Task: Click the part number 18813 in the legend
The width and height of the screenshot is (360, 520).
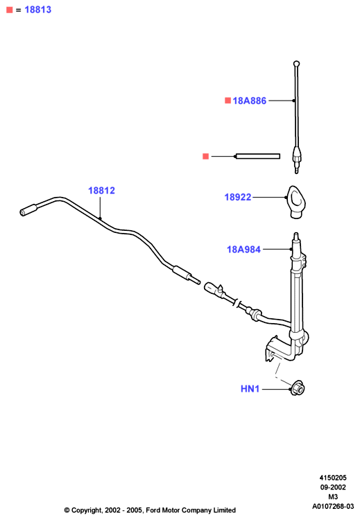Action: (x=38, y=10)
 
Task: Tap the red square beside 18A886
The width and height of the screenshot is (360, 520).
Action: (x=228, y=100)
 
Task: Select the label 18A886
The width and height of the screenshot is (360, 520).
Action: (x=250, y=101)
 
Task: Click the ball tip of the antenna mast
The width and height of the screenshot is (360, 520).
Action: (x=297, y=63)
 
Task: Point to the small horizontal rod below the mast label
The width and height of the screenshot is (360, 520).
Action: (x=257, y=156)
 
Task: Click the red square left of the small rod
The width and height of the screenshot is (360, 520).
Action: (x=206, y=156)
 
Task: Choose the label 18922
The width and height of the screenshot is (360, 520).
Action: (x=238, y=197)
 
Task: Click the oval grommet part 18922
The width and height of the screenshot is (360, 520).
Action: (x=296, y=202)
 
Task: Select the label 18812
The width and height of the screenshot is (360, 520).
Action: (x=101, y=191)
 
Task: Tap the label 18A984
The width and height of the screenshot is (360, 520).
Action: (x=244, y=250)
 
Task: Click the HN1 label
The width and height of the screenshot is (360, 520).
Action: (x=250, y=389)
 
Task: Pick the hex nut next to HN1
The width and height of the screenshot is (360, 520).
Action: (x=298, y=388)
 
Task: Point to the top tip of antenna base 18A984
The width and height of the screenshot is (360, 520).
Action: (x=296, y=234)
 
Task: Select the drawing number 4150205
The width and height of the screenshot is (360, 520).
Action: (x=333, y=478)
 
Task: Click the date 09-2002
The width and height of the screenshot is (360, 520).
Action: (x=333, y=487)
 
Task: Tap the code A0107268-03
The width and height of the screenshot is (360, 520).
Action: (x=333, y=506)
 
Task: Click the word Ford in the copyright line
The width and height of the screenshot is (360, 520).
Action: (x=153, y=510)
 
